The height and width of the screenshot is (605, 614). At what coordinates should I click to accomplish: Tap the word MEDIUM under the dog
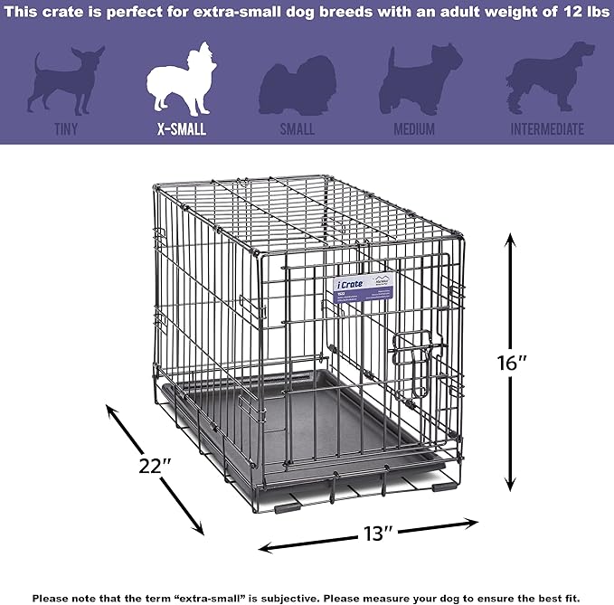pyautogui.click(x=413, y=129)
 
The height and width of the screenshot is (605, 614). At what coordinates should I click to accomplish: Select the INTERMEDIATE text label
pyautogui.click(x=546, y=129)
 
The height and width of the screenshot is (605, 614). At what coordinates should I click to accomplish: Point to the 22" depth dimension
pyautogui.click(x=156, y=467)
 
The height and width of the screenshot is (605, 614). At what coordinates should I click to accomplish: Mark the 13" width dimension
pyautogui.click(x=368, y=534)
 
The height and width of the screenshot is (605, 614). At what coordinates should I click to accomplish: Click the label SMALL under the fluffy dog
pyautogui.click(x=297, y=129)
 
